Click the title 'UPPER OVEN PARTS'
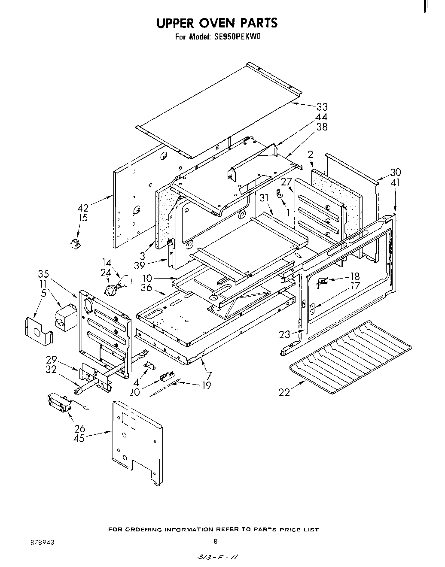[x=216, y=22]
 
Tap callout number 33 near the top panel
[x=322, y=107]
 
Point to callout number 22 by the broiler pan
[x=284, y=392]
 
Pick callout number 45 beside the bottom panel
[x=79, y=438]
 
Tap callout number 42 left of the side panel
[x=82, y=209]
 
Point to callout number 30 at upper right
[x=395, y=172]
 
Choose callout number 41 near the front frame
[x=395, y=182]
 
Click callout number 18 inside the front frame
[x=355, y=276]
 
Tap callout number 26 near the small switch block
[x=79, y=428]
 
